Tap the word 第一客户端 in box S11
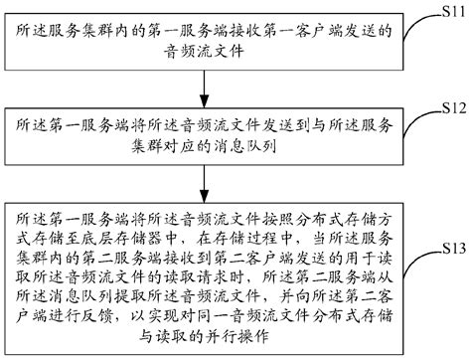pos(288,33)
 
